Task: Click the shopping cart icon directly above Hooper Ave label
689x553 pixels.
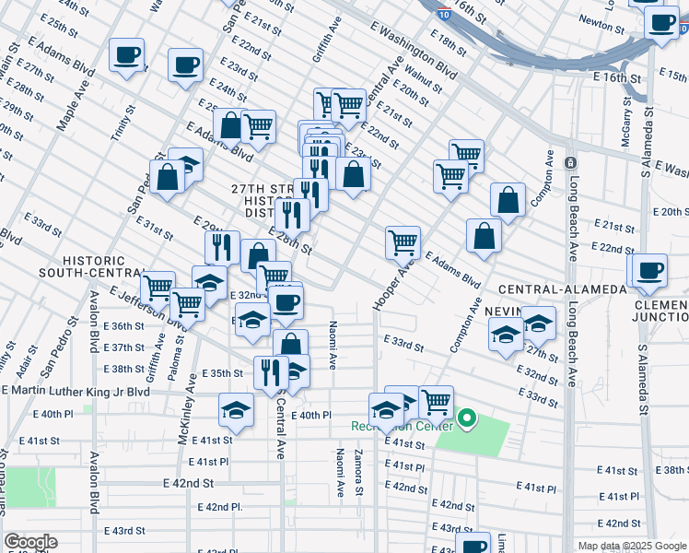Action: (403, 242)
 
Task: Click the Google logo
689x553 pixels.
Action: (30, 542)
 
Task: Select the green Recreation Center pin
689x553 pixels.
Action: (467, 420)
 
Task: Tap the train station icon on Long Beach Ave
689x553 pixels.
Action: (571, 163)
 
